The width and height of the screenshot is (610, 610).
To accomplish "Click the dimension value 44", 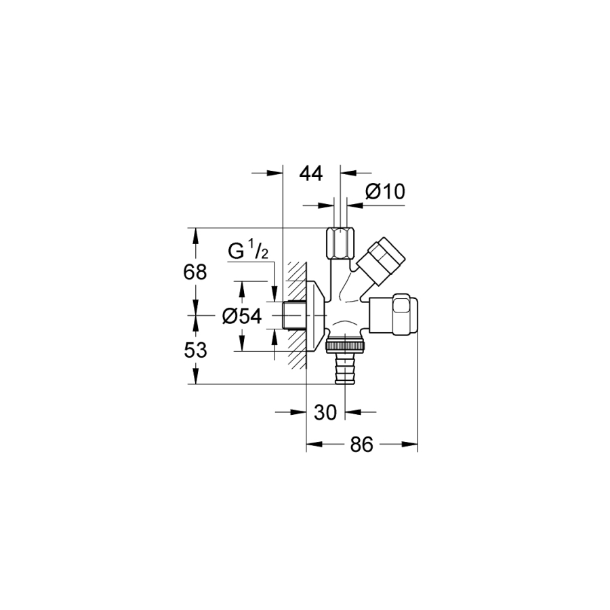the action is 311,174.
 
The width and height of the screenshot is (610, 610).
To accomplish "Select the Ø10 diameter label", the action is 385,191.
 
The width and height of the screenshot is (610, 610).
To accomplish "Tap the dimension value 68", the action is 195,272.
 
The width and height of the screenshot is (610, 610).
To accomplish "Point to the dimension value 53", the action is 195,350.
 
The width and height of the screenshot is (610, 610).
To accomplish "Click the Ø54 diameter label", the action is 242,316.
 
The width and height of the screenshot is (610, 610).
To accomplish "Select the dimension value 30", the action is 325,412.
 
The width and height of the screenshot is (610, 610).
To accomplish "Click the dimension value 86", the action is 362,444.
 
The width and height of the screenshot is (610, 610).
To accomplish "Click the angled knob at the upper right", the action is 382,262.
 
